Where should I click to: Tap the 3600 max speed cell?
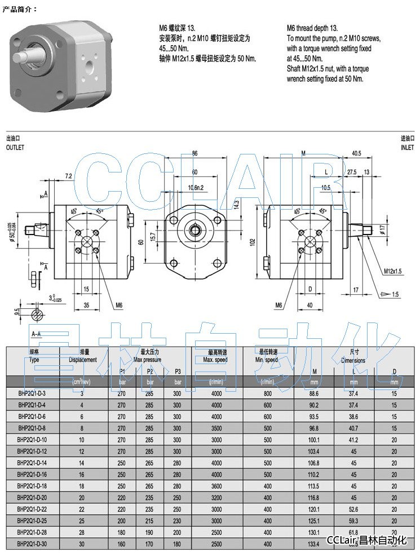point(216,486)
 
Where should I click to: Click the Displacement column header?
point(83,360)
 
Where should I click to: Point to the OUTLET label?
point(15,147)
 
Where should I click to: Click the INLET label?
point(407,147)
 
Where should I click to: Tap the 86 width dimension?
point(194,153)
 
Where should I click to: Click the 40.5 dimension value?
point(356,153)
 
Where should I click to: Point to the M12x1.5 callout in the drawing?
point(392,271)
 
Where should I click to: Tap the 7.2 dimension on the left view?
point(69,176)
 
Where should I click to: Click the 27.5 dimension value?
point(352,172)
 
